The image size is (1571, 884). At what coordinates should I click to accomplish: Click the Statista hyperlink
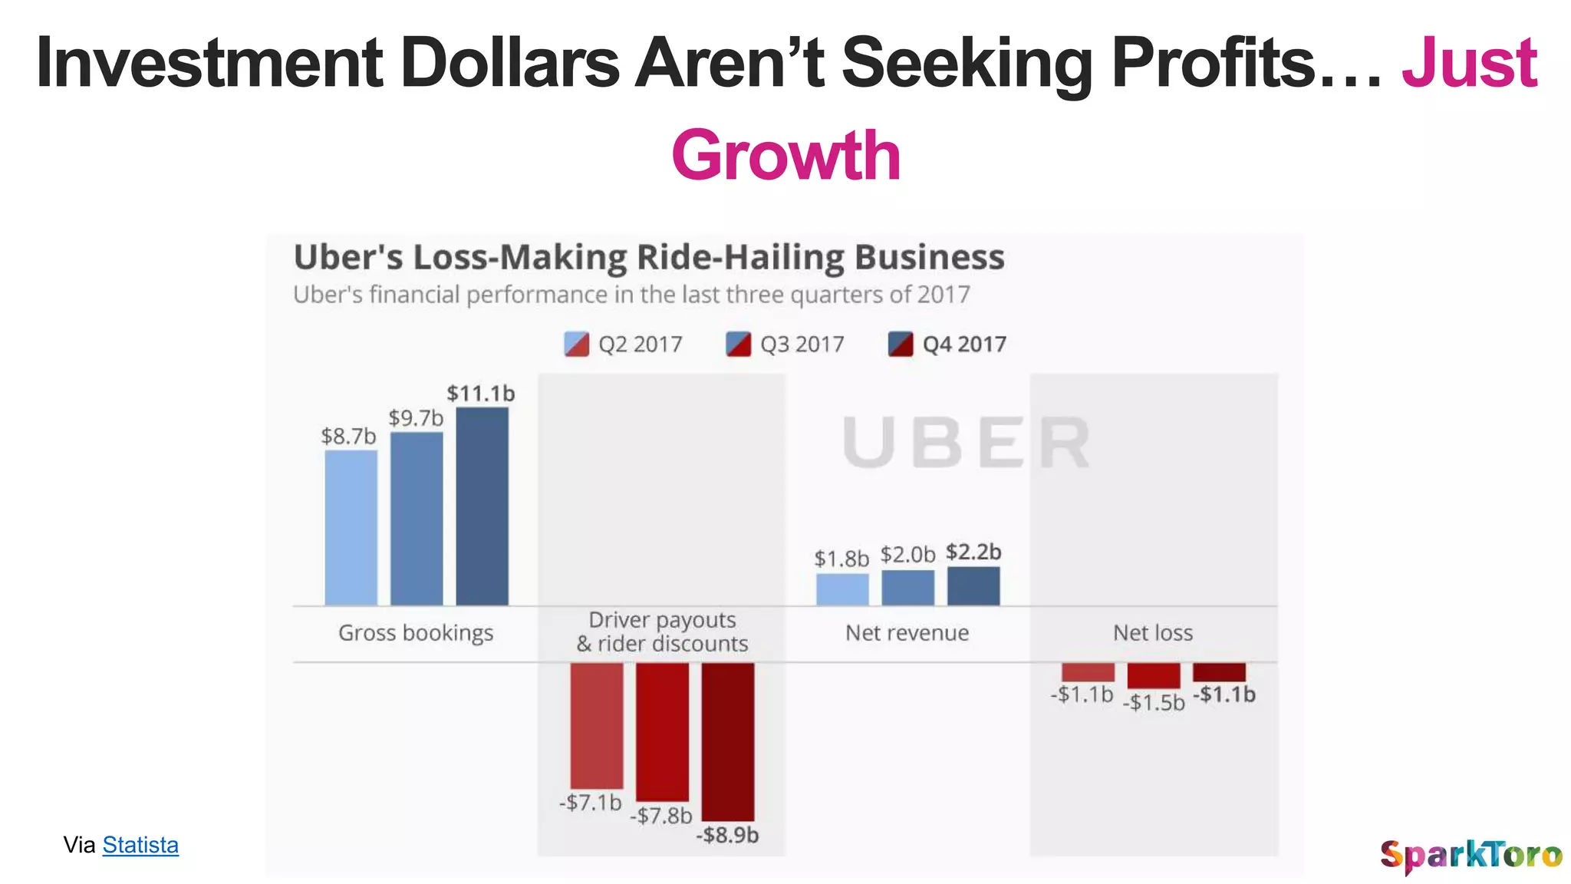coord(140,845)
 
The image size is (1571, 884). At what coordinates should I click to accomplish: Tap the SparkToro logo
coord(1471,855)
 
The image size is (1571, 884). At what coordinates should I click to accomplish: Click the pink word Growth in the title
coord(785,156)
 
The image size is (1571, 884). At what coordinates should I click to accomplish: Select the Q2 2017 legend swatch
coord(576,345)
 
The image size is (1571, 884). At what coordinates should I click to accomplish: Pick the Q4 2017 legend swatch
coord(901,345)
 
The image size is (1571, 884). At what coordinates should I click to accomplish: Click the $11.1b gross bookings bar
coord(482,506)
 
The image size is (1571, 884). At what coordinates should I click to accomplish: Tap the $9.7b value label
coord(416,418)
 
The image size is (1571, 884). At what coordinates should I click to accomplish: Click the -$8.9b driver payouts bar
coord(727,741)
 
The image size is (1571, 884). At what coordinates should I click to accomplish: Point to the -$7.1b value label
coord(590,803)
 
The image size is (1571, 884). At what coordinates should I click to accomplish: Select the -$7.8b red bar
coord(662,731)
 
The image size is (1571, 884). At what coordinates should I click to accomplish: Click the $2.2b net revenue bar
coord(973,586)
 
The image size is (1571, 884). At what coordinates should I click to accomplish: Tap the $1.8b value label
coord(841,559)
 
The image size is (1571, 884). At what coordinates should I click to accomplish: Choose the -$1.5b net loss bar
coord(1153,675)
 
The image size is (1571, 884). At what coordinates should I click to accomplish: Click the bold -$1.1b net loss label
coord(1224,694)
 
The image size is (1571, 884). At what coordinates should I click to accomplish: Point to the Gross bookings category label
coord(416,633)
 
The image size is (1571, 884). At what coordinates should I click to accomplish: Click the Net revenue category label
coord(907,633)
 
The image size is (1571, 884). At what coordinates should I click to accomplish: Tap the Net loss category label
coord(1153,633)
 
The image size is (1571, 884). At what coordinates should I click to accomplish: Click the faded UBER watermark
coord(966,443)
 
